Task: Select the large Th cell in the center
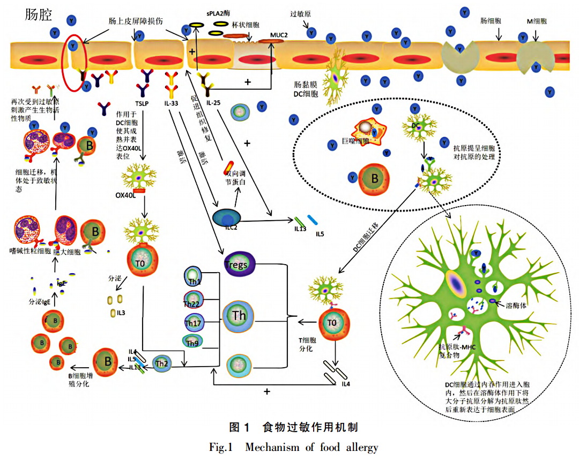(239, 316)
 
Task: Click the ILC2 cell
(226, 218)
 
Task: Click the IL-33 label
(172, 101)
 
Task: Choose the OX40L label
(124, 195)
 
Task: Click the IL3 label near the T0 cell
(121, 313)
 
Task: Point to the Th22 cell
(193, 301)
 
